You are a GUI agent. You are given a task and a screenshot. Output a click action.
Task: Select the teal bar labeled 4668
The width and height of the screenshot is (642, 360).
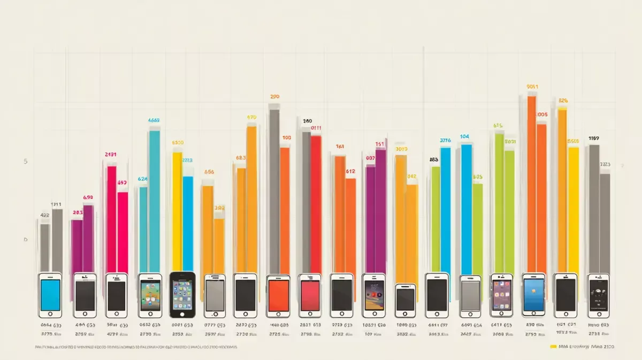coord(155,201)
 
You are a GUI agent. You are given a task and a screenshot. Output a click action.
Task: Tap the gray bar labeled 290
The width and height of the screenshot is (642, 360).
coord(274,190)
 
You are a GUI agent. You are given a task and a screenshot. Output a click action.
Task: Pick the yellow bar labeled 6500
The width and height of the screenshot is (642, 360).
coord(177,211)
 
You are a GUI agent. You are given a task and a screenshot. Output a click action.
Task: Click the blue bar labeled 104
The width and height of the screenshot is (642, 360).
coord(466,209)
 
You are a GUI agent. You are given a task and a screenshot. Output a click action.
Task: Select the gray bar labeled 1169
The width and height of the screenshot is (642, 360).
coord(594,209)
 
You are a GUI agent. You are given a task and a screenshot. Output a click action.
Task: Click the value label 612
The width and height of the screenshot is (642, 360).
coord(350,171)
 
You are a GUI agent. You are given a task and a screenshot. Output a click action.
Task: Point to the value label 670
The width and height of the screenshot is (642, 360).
coord(252,117)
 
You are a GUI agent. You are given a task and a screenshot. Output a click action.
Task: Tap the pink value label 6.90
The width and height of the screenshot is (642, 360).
coord(88,197)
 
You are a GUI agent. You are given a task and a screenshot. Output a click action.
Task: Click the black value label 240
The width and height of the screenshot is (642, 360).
coord(307,121)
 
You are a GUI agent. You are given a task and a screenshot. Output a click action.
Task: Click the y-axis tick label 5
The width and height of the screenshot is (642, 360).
coord(25,161)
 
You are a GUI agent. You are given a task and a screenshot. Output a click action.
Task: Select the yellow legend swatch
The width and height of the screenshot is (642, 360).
coord(553,347)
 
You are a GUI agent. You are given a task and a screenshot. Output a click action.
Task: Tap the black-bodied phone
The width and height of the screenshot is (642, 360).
coord(182,294)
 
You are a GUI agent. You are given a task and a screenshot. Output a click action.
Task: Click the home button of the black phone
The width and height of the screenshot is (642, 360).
coord(182,312)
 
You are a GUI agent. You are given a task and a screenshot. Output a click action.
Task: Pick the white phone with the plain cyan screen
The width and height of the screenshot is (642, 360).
coord(50,295)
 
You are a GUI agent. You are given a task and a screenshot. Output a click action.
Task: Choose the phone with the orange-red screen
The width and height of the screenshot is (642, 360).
coord(278,296)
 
